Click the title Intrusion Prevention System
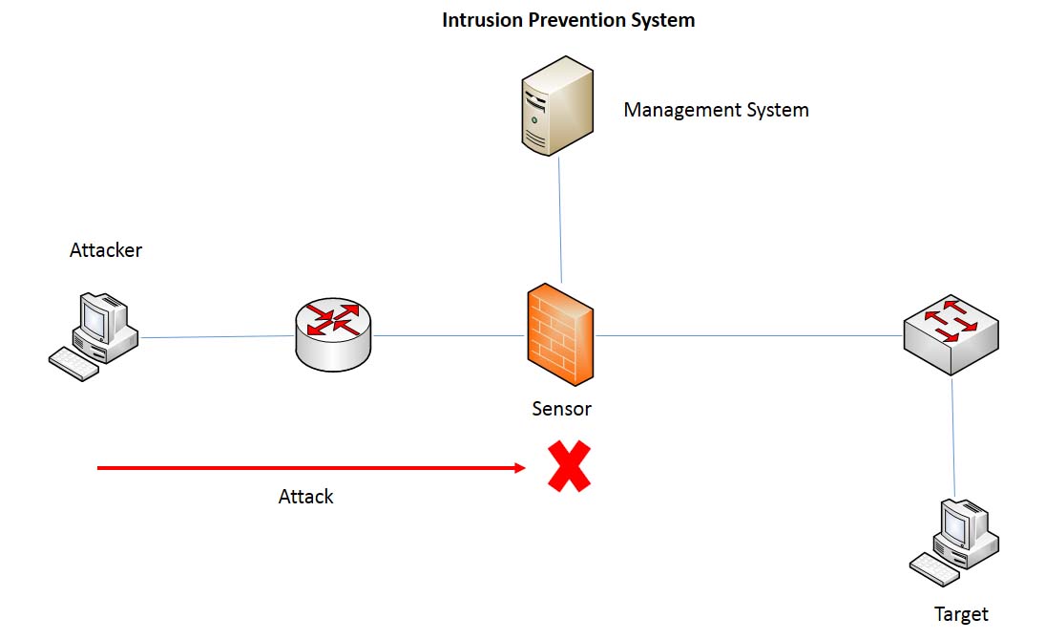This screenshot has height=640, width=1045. tap(568, 20)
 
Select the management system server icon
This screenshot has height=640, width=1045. tap(557, 105)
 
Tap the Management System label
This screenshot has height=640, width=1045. tap(716, 110)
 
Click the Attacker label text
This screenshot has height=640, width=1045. tap(106, 250)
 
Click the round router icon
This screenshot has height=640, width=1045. tap(333, 334)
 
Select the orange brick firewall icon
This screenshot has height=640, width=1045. tap(559, 334)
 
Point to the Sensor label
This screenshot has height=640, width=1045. tap(561, 409)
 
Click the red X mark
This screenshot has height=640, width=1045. tap(569, 467)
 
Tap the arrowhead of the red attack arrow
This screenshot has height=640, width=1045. tap(520, 468)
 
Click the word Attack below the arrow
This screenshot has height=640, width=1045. tap(305, 497)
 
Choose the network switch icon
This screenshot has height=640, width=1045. tap(951, 334)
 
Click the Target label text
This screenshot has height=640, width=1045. tap(961, 614)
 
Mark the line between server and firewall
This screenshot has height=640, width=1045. tap(560, 220)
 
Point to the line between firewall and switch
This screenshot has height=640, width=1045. tap(749, 335)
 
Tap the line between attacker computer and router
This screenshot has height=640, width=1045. tap(218, 336)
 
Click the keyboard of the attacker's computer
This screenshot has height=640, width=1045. tap(73, 364)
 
